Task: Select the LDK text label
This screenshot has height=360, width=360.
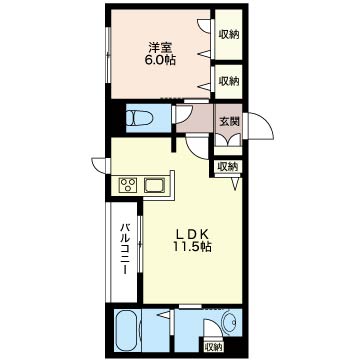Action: [x=192, y=234]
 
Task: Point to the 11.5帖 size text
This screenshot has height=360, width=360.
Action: [x=192, y=247]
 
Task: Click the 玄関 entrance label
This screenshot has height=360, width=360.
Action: [x=229, y=122]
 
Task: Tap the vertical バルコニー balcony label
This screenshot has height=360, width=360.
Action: [x=125, y=249]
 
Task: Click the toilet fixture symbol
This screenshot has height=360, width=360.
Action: [x=139, y=118]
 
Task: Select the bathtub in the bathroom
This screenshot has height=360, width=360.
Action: [x=128, y=331]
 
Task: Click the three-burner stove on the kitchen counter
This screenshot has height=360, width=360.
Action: [x=128, y=185]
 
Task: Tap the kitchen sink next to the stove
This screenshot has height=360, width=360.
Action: [x=155, y=185]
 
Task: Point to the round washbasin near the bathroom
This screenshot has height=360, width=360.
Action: [x=229, y=322]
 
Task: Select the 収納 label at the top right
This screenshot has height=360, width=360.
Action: [x=229, y=34]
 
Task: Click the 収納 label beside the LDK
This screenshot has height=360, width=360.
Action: [x=228, y=166]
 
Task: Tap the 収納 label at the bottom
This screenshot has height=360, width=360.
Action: [x=213, y=347]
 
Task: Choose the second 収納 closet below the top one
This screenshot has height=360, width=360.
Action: [x=229, y=81]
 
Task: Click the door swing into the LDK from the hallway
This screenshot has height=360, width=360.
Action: [x=198, y=148]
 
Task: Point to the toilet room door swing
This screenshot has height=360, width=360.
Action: [x=183, y=114]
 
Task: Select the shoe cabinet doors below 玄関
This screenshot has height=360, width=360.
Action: [x=228, y=140]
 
